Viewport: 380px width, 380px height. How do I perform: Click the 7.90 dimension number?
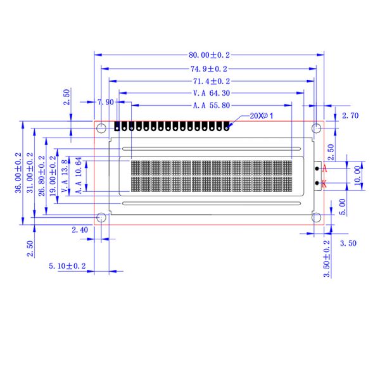105,102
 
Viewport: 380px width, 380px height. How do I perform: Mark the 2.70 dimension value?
350,115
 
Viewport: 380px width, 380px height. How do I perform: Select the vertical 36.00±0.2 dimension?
19,173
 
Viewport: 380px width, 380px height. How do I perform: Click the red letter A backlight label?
324,169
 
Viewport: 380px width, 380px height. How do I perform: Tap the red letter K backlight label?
324,184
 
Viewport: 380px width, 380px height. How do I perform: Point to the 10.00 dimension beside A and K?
357,173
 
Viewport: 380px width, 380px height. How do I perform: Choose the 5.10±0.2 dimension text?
67,267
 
